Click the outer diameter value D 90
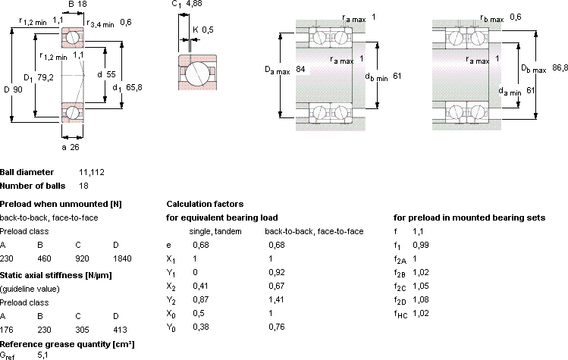coord(13,89)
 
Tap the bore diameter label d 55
coord(106,74)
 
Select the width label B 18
coord(77,4)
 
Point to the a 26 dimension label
coord(71,147)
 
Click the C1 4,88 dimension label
coord(187,4)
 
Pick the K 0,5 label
coord(203,30)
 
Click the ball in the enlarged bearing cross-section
coord(197,74)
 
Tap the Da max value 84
coord(300,69)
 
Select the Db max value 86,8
coord(560,67)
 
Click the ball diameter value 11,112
coord(92,172)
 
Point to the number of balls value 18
coord(83,186)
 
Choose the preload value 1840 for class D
coord(122,258)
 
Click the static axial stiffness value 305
coord(82,330)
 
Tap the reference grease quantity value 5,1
coord(42,355)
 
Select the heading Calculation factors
coord(205,204)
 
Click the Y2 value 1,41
coord(276,299)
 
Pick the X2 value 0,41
coord(200,286)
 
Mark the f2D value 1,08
coord(421,299)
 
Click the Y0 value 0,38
coord(201,327)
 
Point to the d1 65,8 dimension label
coord(127,88)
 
